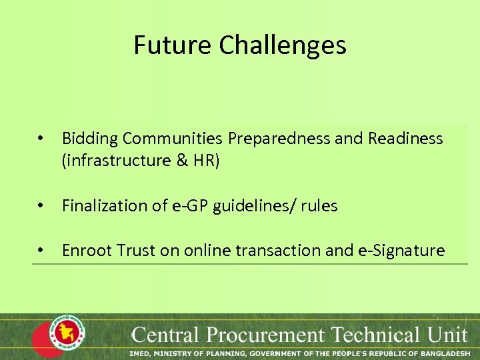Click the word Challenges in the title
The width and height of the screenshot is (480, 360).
[283, 45]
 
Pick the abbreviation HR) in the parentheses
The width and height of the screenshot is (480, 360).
[204, 161]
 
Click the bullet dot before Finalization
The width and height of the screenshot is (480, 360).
[41, 207]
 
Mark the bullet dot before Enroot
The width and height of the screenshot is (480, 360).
[41, 251]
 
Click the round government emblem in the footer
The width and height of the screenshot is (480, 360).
[67, 333]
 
